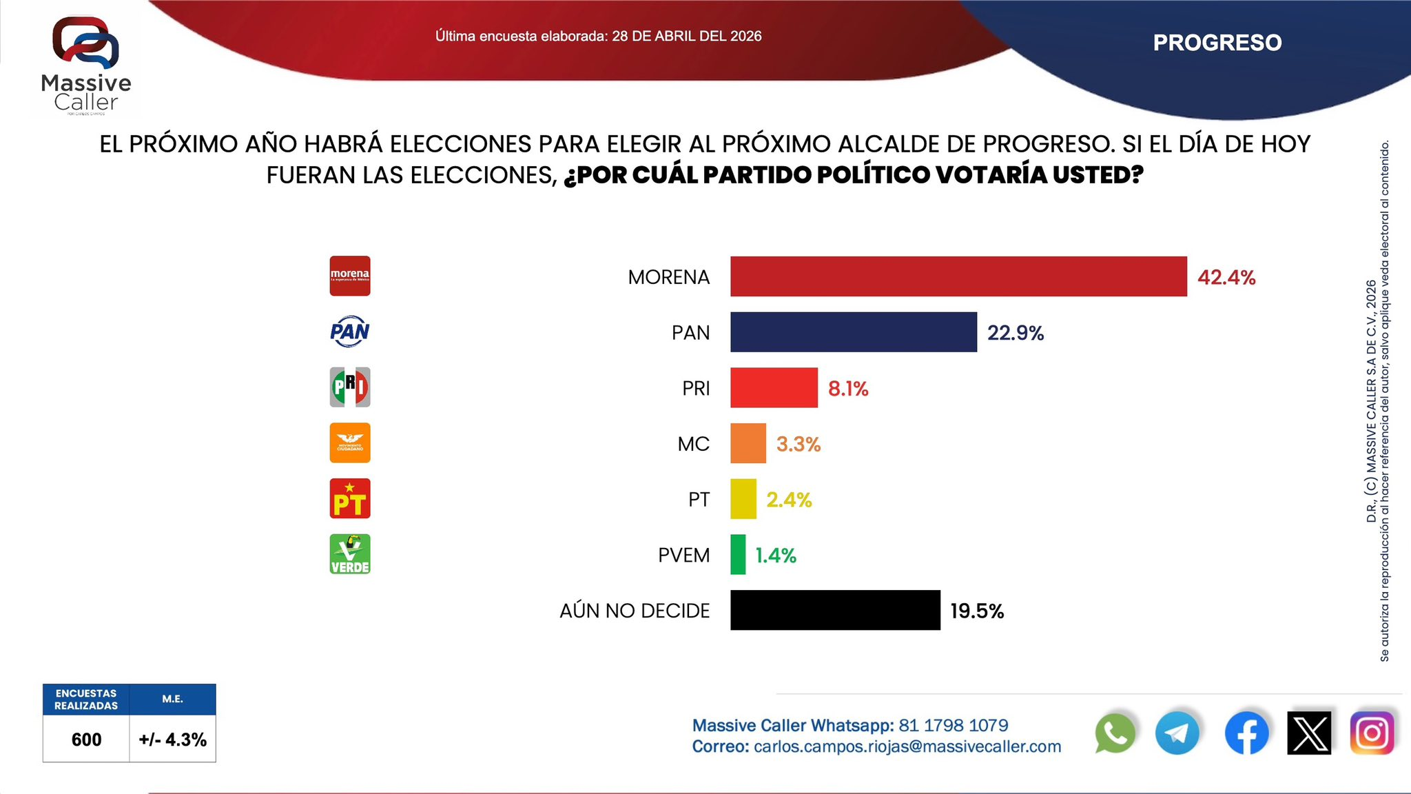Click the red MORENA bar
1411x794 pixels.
958,276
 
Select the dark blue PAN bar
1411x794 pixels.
853,332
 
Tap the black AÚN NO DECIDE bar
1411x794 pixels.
835,610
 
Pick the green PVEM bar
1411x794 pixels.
738,554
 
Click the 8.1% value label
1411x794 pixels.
848,389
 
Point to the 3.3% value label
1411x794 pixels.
799,444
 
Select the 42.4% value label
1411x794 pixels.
1226,277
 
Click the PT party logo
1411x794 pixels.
350,498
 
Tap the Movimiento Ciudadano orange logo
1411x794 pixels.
350,442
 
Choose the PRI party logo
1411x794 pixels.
350,387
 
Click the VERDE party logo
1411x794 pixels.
350,554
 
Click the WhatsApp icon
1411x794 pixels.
1115,733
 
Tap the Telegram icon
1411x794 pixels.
1177,733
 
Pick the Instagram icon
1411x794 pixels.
1372,733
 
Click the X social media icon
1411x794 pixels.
1309,733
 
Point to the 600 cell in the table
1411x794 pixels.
86,740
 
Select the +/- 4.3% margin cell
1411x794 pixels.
172,740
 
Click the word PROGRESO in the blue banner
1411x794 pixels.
1217,43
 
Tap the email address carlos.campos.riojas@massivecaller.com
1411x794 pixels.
907,746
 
